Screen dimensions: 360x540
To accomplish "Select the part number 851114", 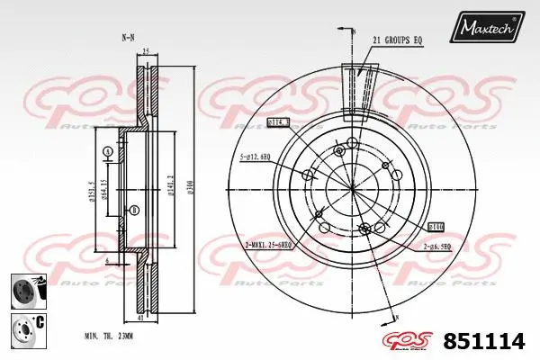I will pyautogui.click(x=490, y=341).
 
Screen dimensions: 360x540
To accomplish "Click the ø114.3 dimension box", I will pyautogui.click(x=279, y=122).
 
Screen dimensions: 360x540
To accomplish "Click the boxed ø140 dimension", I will pyautogui.click(x=436, y=228).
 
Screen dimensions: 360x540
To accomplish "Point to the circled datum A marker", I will pyautogui.click(x=108, y=151).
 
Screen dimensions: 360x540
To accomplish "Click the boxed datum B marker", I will pyautogui.click(x=134, y=211).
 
